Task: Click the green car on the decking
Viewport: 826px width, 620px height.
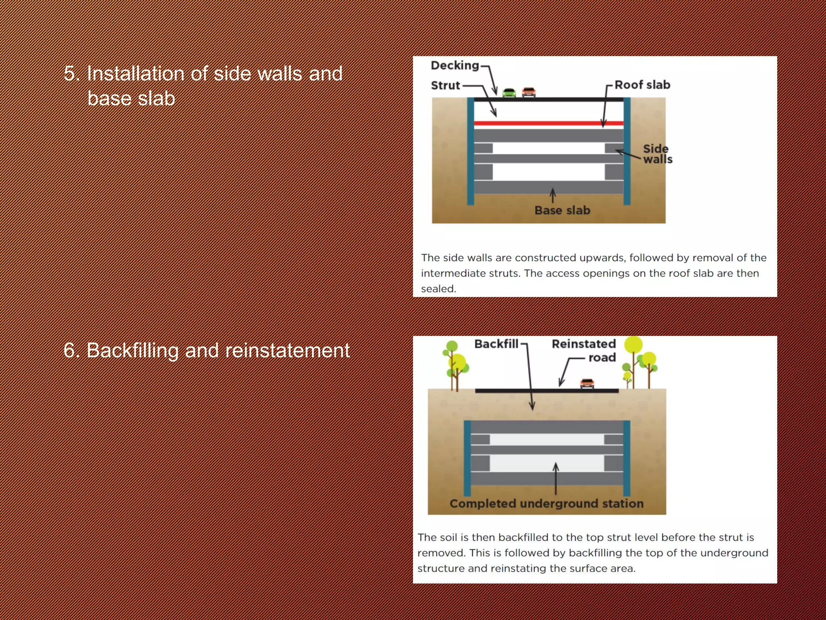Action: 509,93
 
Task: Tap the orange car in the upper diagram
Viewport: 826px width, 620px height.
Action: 529,92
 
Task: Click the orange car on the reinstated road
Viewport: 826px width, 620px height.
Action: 587,383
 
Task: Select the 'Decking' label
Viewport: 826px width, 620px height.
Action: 455,65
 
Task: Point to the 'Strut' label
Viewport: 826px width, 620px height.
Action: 445,86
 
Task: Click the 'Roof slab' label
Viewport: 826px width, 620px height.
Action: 642,85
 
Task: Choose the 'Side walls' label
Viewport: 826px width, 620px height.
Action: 657,154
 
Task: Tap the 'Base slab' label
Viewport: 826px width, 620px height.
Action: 562,210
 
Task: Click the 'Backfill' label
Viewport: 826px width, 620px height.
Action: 496,344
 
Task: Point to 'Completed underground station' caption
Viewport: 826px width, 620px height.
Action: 546,503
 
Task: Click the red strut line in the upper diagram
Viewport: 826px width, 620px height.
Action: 549,123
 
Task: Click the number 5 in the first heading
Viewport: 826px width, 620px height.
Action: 69,74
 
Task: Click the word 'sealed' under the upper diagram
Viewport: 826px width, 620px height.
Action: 438,289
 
